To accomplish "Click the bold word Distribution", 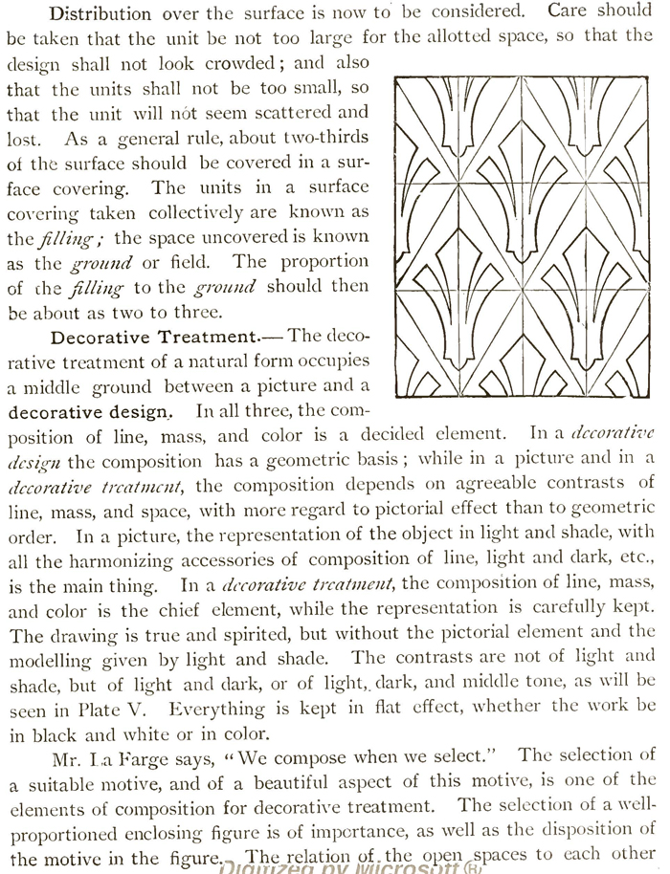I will [100, 14].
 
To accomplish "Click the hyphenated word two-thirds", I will [321, 138].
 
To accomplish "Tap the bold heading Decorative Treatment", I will [154, 337].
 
